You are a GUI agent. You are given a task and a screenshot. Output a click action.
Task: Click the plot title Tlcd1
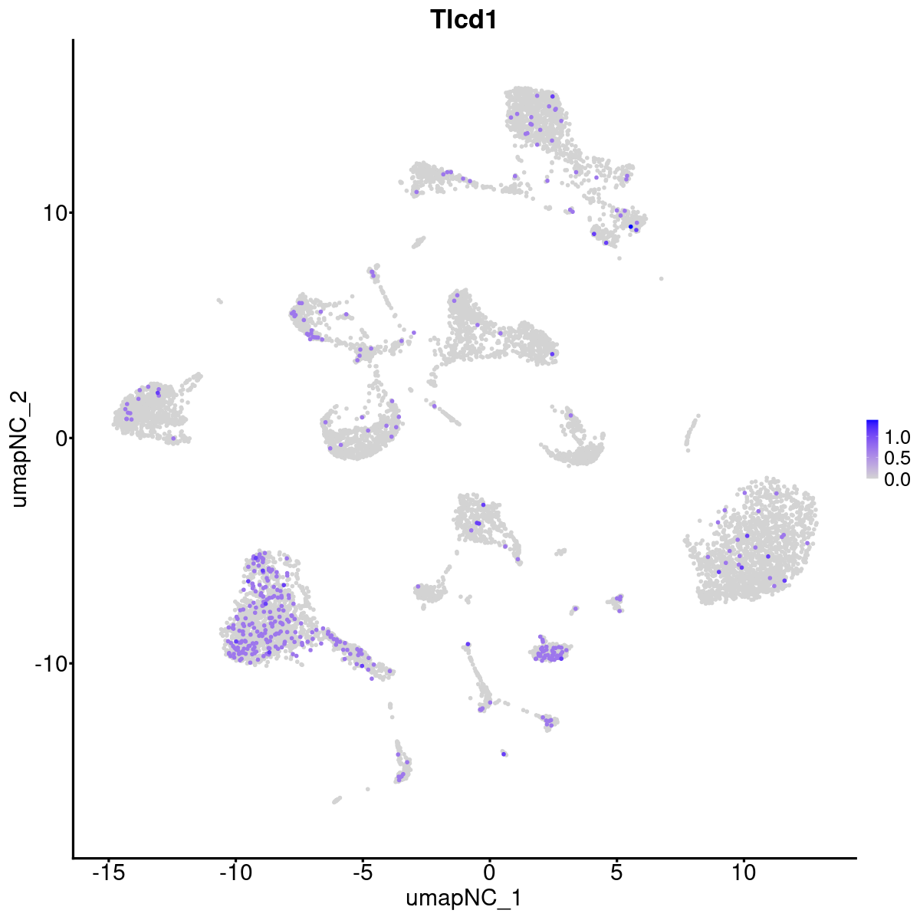(x=464, y=20)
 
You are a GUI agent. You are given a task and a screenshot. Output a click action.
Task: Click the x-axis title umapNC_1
(x=464, y=898)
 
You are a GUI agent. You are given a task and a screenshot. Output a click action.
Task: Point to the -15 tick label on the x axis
(x=108, y=872)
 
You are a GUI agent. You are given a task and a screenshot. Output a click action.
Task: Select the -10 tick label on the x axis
(x=235, y=872)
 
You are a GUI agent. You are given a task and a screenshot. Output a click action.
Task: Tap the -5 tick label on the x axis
(x=362, y=872)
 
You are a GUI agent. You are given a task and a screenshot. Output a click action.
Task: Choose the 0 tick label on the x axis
(x=489, y=872)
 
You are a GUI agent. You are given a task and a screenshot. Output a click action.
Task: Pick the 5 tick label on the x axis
(x=616, y=872)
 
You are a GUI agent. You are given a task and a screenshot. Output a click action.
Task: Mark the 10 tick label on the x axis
(x=743, y=872)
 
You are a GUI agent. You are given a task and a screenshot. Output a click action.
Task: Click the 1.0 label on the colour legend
(x=897, y=438)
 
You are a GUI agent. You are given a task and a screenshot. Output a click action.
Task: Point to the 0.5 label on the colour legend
(x=897, y=458)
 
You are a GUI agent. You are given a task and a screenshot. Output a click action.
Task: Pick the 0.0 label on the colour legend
(x=897, y=479)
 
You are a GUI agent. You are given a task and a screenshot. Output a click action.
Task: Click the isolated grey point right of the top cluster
(x=661, y=278)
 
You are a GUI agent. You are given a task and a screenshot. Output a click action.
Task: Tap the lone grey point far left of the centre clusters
(x=219, y=301)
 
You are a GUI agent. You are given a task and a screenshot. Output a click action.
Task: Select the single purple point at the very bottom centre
(x=504, y=754)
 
